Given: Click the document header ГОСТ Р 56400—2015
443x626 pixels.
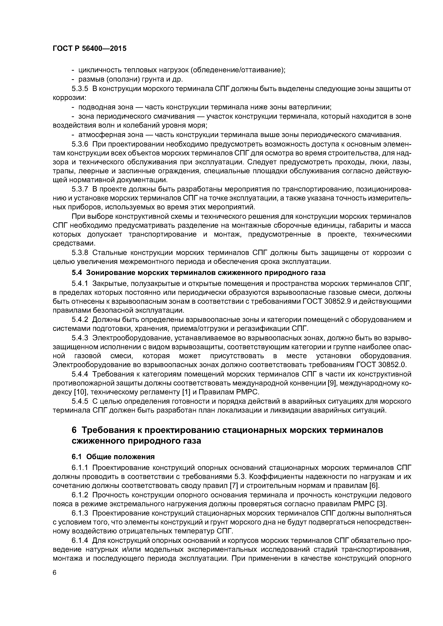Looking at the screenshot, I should pos(89,49).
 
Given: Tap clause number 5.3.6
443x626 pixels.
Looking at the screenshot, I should pos(80,144).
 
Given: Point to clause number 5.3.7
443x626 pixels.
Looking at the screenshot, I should pos(80,189).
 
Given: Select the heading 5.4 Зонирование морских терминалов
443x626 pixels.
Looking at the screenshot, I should pos(198,273).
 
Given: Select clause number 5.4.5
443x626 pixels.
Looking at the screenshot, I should pos(80,401).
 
